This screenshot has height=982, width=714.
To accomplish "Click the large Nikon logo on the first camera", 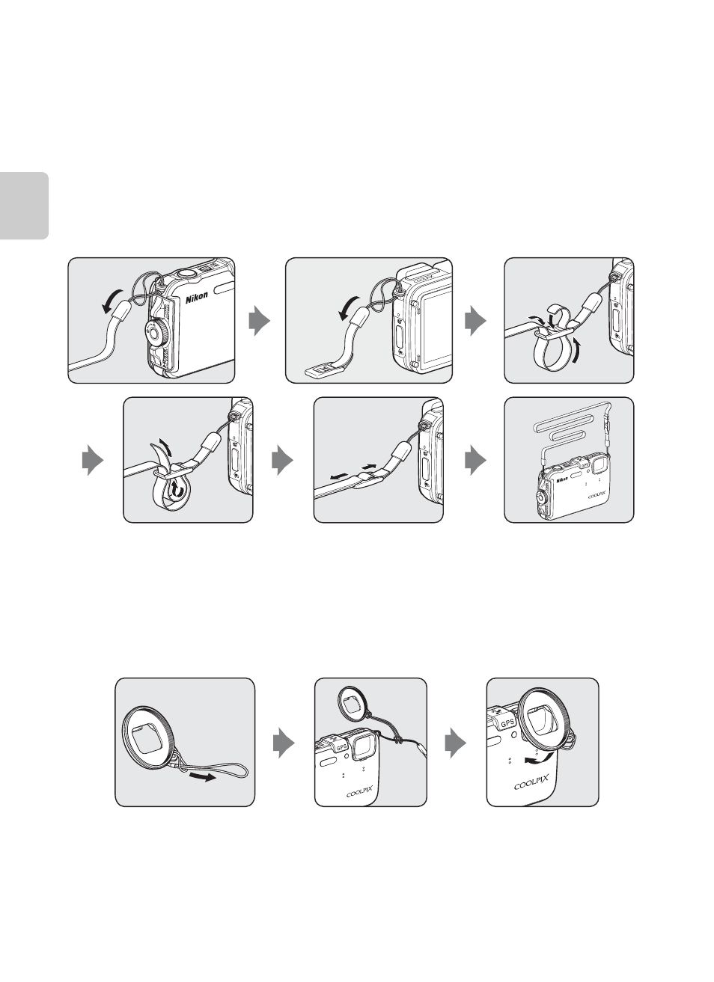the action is coord(196,297).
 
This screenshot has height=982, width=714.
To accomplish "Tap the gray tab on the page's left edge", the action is coord(24,206).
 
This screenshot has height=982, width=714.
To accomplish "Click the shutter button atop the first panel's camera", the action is coord(186,272).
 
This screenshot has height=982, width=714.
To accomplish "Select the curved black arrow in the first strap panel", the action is coord(112,301).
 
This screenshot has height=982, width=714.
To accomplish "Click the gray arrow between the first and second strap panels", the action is coord(260,321).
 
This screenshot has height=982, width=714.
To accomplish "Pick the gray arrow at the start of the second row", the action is coord(93,460).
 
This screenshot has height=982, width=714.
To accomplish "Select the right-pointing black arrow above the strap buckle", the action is coord(369,465).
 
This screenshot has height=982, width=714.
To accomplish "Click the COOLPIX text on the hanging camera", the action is coord(596,494).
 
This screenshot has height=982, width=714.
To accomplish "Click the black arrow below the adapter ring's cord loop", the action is coord(203,777).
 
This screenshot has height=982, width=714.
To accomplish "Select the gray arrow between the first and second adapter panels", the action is coord(284,743).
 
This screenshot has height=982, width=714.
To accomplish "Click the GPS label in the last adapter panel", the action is coord(507,722).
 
